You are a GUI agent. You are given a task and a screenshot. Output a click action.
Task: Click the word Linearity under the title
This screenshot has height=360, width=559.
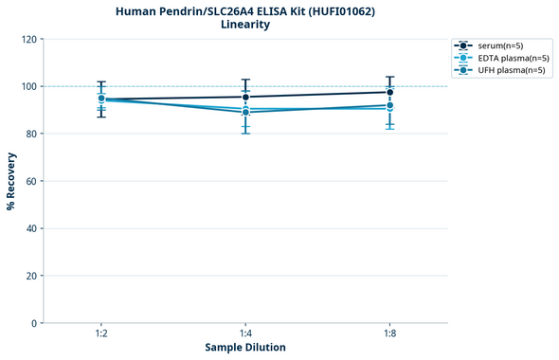tap(244, 25)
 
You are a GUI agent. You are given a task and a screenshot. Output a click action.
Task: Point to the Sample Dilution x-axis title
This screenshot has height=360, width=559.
tap(245, 348)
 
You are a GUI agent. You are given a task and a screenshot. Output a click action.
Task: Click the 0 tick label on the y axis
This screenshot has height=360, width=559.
tap(34, 323)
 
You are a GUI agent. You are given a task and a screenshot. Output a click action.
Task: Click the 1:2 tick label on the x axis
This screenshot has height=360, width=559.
tap(101, 334)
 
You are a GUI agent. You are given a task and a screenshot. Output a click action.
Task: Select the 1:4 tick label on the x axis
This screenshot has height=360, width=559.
tap(245, 334)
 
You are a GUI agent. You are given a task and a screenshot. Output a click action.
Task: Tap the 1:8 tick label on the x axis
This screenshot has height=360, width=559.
tap(389, 334)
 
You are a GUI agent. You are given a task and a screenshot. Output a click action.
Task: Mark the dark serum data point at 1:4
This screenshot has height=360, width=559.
tap(245, 97)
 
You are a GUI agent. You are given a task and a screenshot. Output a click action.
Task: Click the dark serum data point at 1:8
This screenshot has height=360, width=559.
tap(389, 92)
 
